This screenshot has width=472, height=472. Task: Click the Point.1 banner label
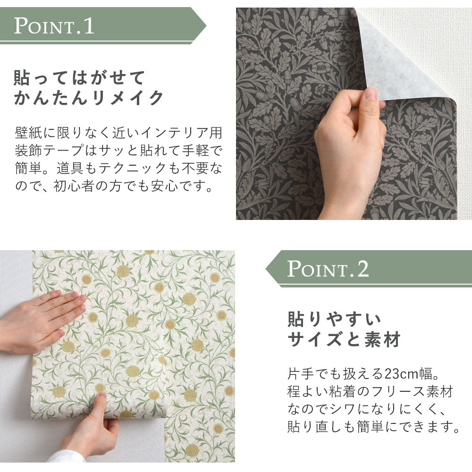pos(54,25)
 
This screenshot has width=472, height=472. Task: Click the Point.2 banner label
pos(328,269)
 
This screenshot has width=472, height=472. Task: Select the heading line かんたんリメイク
pos(89,99)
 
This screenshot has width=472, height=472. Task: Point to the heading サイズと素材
pos(344,339)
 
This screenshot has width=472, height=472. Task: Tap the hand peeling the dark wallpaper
pos(349,142)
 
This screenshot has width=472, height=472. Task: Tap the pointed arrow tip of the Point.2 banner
pos(270,269)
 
